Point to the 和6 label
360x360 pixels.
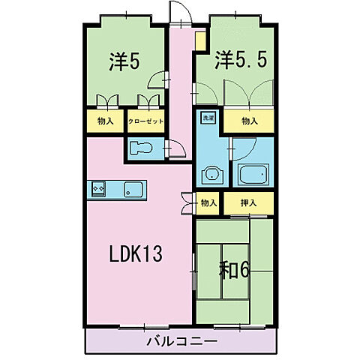point(233,269)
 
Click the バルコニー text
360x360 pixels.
point(181,340)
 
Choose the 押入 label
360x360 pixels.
point(249,202)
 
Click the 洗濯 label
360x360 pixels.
point(206,118)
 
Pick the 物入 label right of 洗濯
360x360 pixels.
point(250,120)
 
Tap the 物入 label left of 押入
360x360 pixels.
point(208,202)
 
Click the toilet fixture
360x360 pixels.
point(141,148)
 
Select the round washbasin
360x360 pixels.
point(209,176)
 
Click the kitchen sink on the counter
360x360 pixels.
point(132,189)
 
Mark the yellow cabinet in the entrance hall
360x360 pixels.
point(200,40)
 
